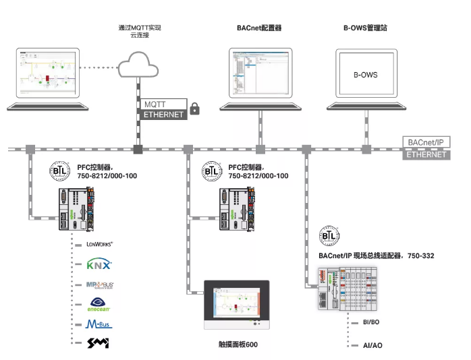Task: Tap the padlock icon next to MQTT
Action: coord(195,107)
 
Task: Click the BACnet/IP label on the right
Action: coord(426,143)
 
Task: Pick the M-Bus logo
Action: coord(99,324)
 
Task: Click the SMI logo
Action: coord(99,344)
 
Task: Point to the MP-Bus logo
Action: coord(99,284)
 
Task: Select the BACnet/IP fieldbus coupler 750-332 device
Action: coord(352,289)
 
